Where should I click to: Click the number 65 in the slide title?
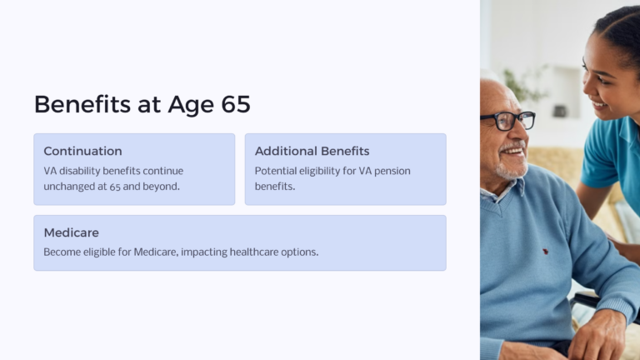coord(235,105)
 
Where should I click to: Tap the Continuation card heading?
coord(82,151)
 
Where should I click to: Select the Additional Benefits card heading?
coord(312,151)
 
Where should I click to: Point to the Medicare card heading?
coord(71,232)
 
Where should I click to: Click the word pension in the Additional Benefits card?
coord(390,171)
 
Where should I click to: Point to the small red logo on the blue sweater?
coord(545,250)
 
